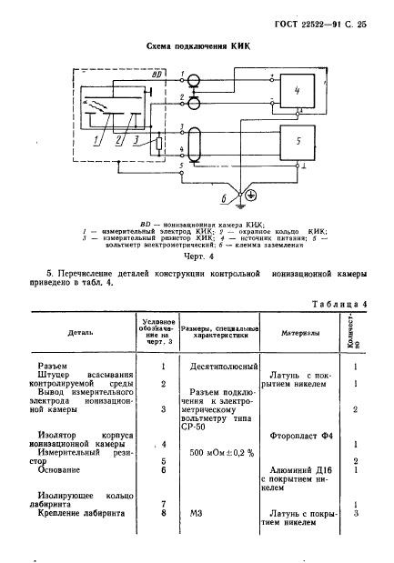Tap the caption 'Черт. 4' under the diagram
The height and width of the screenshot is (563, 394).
point(197,256)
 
